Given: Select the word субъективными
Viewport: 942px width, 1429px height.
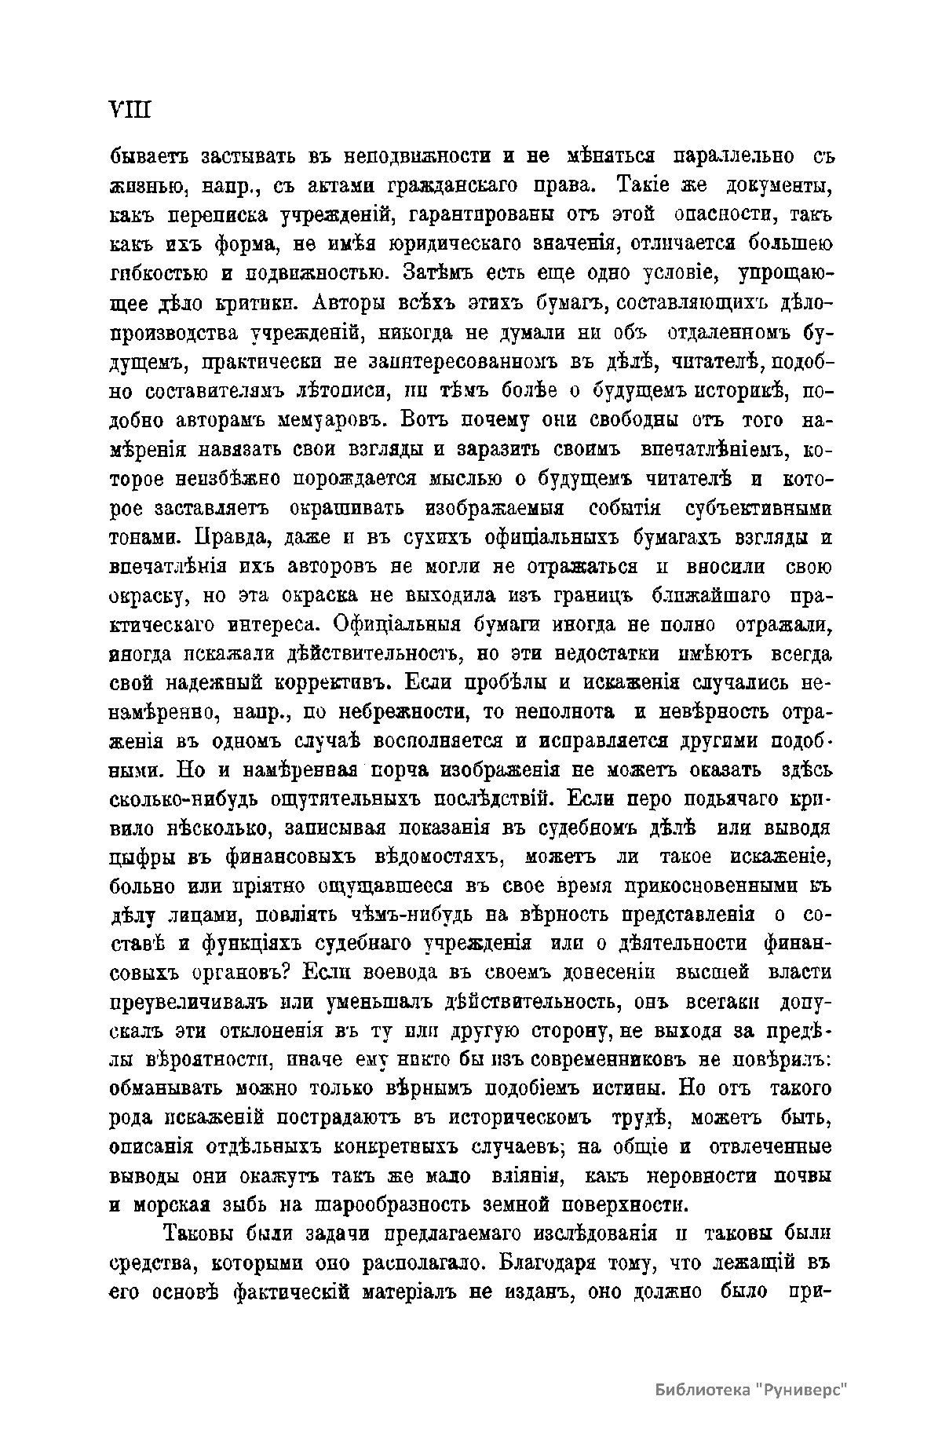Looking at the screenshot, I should click(x=758, y=508).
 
